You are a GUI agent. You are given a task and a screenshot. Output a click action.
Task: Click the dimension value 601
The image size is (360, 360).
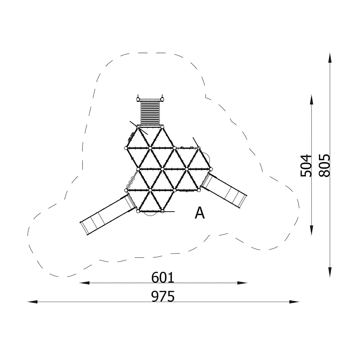[163, 277]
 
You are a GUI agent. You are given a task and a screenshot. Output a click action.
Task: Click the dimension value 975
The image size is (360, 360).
[163, 296]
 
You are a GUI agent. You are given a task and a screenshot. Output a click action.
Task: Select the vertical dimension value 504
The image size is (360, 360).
[306, 166]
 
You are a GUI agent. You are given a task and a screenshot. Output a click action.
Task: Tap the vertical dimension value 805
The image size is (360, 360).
[324, 165]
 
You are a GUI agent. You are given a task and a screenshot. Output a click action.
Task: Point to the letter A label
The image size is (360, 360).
[199, 213]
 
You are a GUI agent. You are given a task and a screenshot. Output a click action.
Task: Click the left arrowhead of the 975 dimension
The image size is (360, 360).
[32, 302]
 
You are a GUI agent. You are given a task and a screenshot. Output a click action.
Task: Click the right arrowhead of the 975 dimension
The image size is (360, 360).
[294, 302]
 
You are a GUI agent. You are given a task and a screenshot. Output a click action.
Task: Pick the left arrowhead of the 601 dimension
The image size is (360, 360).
[85, 283]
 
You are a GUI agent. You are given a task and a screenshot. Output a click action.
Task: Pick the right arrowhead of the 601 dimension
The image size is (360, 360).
[242, 283]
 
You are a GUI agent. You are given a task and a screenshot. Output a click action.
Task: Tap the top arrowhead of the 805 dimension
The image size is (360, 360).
[330, 58]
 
